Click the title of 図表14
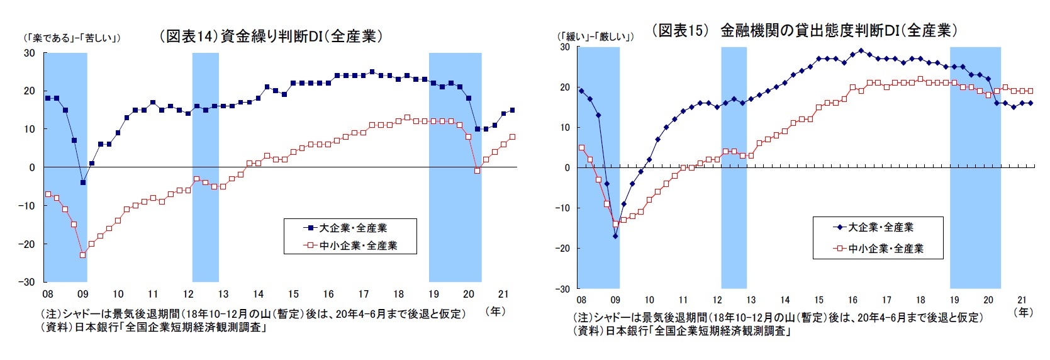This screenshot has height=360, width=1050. [271, 37]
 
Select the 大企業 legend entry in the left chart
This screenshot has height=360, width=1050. [350, 228]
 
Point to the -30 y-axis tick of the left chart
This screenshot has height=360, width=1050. [30, 282]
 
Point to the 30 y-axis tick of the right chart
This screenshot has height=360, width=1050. [564, 47]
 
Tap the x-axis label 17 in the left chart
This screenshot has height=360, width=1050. [363, 294]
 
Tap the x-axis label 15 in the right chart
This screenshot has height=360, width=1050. [818, 300]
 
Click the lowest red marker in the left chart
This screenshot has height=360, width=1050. [82, 255]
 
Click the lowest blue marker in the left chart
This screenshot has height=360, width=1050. [82, 183]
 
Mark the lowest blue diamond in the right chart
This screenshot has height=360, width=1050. [615, 236]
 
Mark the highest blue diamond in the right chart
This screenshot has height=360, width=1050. [861, 51]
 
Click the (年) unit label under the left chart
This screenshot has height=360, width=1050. [495, 311]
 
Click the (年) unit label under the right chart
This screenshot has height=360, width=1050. [1024, 312]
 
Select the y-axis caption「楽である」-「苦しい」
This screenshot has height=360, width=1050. [72, 38]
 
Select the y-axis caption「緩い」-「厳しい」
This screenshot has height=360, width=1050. [595, 36]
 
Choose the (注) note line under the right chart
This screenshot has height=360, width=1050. [778, 318]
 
